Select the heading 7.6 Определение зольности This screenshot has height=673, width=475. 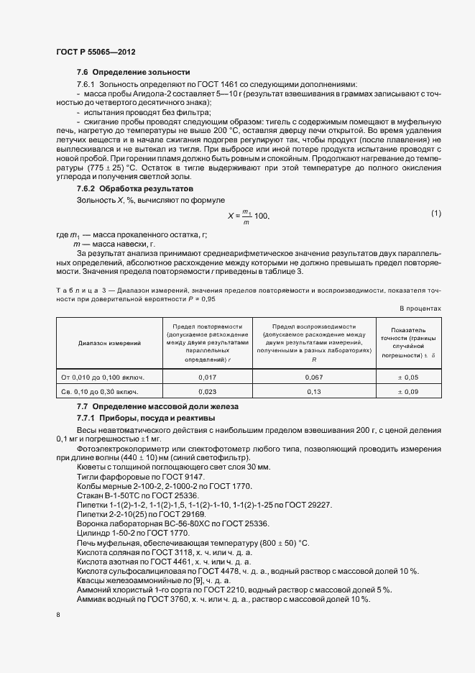click(133, 73)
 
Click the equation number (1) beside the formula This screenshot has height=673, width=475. click(436, 213)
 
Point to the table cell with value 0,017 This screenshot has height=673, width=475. click(208, 377)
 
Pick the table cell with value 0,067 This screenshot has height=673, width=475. click(315, 377)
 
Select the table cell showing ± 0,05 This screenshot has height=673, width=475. click(409, 377)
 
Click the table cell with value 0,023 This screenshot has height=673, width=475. click(208, 392)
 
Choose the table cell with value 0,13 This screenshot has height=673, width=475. click(315, 392)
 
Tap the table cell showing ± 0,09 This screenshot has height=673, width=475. click(409, 392)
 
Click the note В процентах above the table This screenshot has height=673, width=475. click(420, 308)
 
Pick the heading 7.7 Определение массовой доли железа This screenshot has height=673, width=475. click(157, 407)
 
